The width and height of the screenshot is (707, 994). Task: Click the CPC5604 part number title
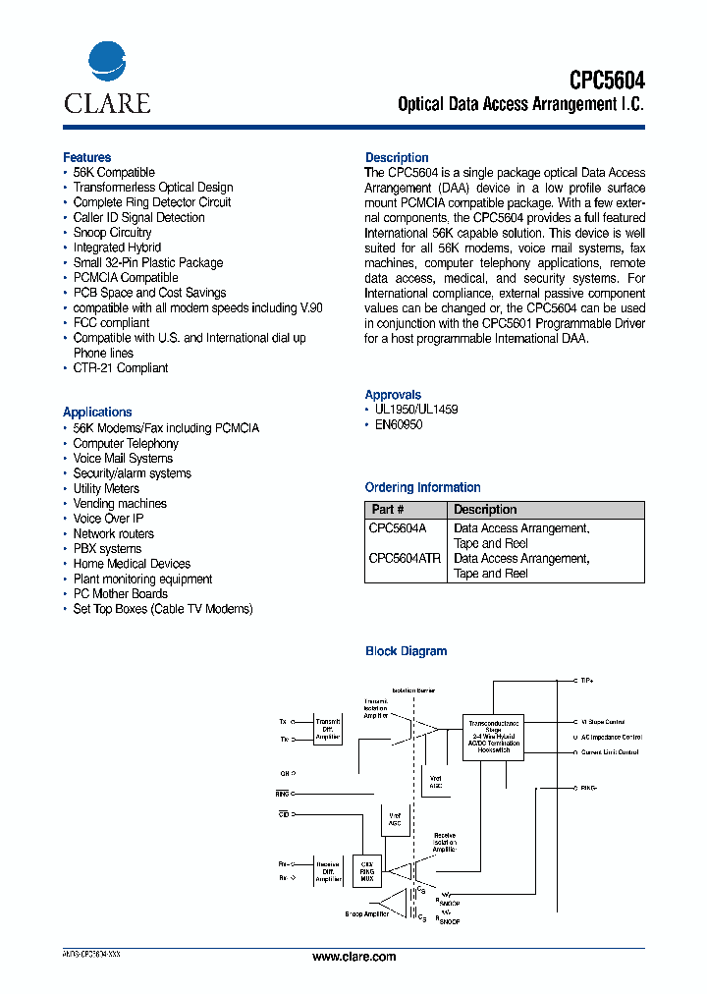tap(607, 80)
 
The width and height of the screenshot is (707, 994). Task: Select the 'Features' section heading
tap(87, 157)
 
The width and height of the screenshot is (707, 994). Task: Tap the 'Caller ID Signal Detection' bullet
tap(138, 217)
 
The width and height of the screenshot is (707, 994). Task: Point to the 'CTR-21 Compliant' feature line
tap(120, 367)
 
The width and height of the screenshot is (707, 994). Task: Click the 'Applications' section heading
tap(97, 412)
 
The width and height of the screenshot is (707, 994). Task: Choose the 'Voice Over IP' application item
tap(108, 519)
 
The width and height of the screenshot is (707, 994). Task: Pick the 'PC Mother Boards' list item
tap(120, 593)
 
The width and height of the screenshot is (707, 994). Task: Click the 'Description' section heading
tap(397, 157)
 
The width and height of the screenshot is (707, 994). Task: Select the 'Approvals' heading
tap(393, 394)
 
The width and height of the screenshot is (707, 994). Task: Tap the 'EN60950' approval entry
tap(399, 424)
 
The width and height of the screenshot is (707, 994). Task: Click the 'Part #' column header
tap(388, 510)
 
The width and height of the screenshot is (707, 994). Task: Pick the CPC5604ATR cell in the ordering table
tap(405, 558)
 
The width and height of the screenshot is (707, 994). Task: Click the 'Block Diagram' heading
tap(406, 651)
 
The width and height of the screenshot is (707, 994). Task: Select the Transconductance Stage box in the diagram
tap(493, 736)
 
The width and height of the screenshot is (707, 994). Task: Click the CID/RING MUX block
tap(369, 870)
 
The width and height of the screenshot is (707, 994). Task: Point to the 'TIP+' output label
tap(587, 680)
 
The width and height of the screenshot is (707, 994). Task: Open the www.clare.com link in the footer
tap(353, 957)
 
